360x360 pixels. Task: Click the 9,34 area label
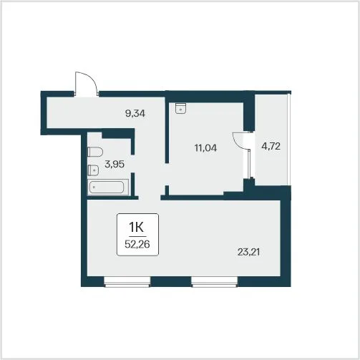pyautogui.click(x=135, y=113)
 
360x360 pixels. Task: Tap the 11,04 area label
pyautogui.click(x=205, y=148)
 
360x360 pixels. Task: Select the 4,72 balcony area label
pyautogui.click(x=271, y=146)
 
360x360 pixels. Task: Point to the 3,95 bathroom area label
pyautogui.click(x=115, y=164)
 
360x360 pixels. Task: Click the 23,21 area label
pyautogui.click(x=248, y=252)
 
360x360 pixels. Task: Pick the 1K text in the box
pyautogui.click(x=136, y=227)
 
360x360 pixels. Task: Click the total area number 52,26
pyautogui.click(x=137, y=244)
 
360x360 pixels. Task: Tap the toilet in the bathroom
pyautogui.click(x=95, y=152)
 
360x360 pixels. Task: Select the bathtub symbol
pyautogui.click(x=108, y=188)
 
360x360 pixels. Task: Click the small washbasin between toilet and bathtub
pyautogui.click(x=93, y=170)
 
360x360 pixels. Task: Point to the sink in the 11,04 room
pyautogui.click(x=180, y=108)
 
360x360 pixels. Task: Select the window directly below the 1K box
pyautogui.click(x=127, y=282)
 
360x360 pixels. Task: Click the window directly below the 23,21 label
pyautogui.click(x=215, y=282)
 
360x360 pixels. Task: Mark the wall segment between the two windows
pyautogui.click(x=171, y=282)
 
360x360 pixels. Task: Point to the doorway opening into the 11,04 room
pyautogui.click(x=167, y=174)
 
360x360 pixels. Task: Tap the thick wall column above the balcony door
pyautogui.click(x=249, y=112)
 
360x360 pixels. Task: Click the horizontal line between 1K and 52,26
pyautogui.click(x=137, y=236)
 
